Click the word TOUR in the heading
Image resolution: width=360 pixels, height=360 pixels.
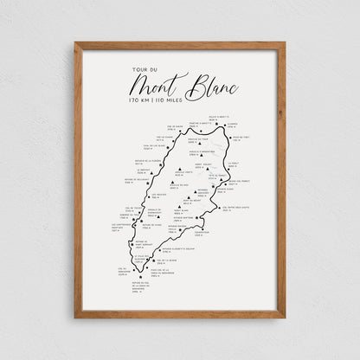point(138,71)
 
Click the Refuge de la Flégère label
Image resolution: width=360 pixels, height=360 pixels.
point(146,161)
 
